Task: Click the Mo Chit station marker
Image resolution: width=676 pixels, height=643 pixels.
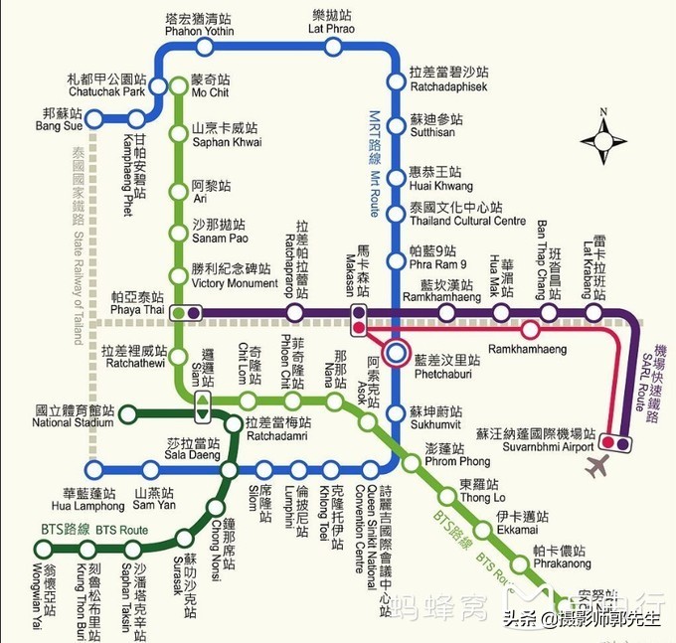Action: [179, 86]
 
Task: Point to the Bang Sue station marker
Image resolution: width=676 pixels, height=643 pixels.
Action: [95, 119]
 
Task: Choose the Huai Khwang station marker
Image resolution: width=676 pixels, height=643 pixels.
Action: [396, 179]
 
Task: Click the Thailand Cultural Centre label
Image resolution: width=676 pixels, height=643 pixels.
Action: [467, 214]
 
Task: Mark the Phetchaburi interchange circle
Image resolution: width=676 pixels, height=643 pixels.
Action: [398, 352]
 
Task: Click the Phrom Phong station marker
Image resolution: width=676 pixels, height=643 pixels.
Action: [412, 461]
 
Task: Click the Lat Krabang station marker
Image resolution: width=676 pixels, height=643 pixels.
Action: [594, 313]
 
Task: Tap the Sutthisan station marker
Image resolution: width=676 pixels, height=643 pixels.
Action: [396, 125]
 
